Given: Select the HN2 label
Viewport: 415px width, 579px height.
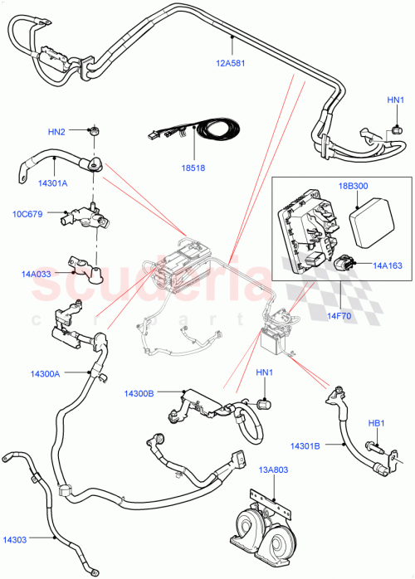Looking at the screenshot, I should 56,131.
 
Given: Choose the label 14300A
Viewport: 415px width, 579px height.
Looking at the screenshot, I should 45,374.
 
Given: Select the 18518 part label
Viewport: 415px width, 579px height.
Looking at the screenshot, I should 193,167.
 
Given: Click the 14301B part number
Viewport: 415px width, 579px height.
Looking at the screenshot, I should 305,445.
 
